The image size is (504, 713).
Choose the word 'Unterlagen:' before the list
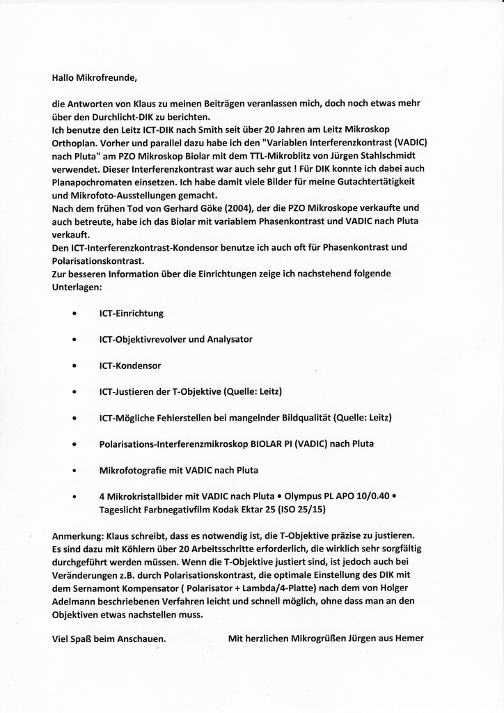tap(77, 287)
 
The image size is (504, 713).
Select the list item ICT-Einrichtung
tap(132, 313)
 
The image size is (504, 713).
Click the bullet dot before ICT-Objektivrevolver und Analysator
tap(74, 340)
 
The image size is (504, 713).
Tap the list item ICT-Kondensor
tap(130, 366)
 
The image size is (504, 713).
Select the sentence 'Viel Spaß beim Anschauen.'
tap(109, 638)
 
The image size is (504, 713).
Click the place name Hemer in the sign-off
tap(409, 638)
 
